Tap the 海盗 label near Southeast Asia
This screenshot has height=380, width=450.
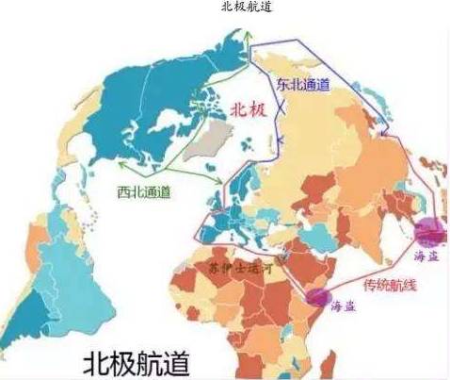(x=426, y=255)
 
